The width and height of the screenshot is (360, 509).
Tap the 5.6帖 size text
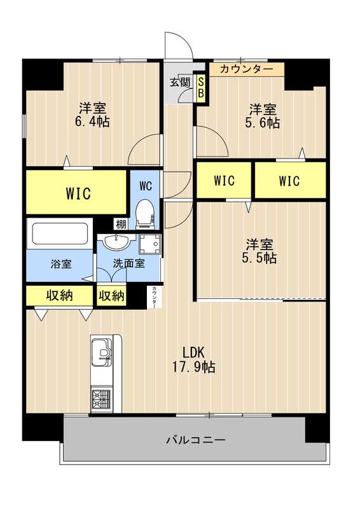tap(263, 122)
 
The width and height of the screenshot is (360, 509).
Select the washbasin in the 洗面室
tap(115, 242)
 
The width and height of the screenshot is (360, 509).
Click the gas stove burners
tap(101, 399)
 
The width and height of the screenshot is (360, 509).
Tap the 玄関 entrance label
tap(179, 81)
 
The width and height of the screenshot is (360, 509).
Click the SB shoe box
tap(201, 88)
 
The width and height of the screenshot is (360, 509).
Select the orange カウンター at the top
tap(246, 69)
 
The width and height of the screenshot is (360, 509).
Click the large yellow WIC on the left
tap(77, 192)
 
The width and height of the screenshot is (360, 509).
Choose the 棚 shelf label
tap(120, 223)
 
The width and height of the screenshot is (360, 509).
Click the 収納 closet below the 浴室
tap(59, 295)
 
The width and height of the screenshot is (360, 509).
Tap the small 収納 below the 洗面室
tap(111, 295)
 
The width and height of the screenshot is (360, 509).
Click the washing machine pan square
tap(150, 244)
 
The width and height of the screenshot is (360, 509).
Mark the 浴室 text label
tap(61, 263)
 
